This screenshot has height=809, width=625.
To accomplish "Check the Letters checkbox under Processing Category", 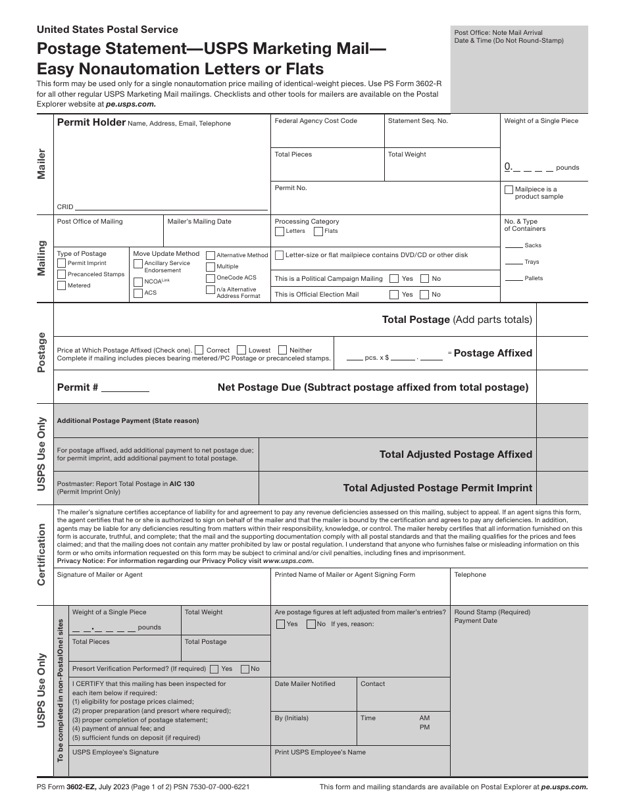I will [280, 232].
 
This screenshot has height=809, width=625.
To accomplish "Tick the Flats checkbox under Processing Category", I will [318, 232].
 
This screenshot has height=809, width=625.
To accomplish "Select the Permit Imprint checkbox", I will [62, 263].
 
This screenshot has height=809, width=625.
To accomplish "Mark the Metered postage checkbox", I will [62, 285].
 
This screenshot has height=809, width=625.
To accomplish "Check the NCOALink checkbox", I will [138, 282].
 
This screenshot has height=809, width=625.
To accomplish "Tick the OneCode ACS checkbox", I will [211, 278].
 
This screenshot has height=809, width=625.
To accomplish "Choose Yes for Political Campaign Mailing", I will [394, 278].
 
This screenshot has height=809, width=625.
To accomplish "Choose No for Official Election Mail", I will [425, 295].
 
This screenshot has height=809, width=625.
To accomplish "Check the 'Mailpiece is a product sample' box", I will [509, 189].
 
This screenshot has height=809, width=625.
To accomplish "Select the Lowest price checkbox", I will [241, 350].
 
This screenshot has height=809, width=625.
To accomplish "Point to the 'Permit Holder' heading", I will [91, 122].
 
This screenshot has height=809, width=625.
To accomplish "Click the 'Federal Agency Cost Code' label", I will [316, 121].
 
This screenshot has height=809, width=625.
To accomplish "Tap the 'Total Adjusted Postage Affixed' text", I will [456, 454].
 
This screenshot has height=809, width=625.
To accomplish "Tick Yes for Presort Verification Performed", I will [214, 669].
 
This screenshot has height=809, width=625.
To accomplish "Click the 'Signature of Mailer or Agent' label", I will [99, 575].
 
